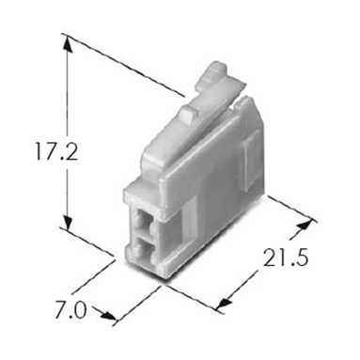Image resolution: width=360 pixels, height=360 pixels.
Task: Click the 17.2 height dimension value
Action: pos(56,151)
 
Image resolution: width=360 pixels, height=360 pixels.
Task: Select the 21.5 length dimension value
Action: pos(286,258)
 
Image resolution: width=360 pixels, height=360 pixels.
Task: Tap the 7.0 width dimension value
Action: pos(70,309)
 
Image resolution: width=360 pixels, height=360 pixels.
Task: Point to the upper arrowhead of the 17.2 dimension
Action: pos(68,45)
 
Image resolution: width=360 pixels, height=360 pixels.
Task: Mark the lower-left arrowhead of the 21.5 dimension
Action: pos(226,302)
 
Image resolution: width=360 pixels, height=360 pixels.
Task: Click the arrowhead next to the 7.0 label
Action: pos(108,315)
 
